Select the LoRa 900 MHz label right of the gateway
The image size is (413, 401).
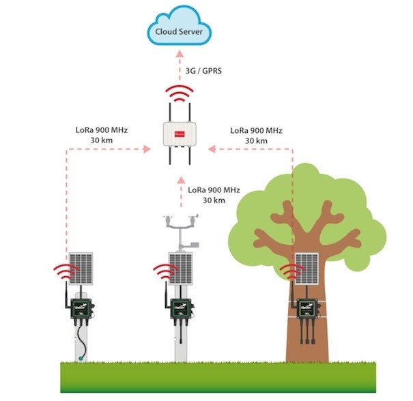pyautogui.click(x=257, y=135)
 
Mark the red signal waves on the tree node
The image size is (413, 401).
pyautogui.click(x=291, y=271)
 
